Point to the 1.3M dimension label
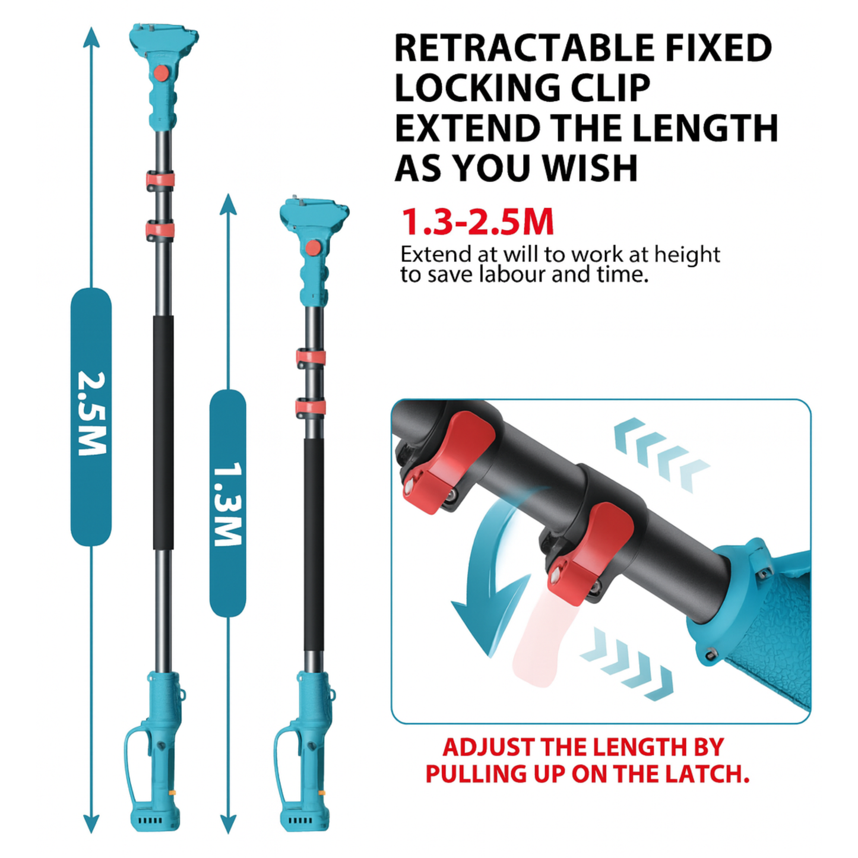point(228,504)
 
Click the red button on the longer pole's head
point(161,72)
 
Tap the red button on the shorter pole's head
point(312,246)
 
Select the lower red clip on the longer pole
point(160,230)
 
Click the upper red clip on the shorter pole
point(311,357)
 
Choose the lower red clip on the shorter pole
point(311,407)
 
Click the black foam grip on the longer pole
point(163,432)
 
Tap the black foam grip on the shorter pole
point(314,544)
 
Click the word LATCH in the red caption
point(710,774)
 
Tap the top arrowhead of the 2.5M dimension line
point(91,36)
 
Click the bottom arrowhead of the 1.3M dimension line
point(228,824)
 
